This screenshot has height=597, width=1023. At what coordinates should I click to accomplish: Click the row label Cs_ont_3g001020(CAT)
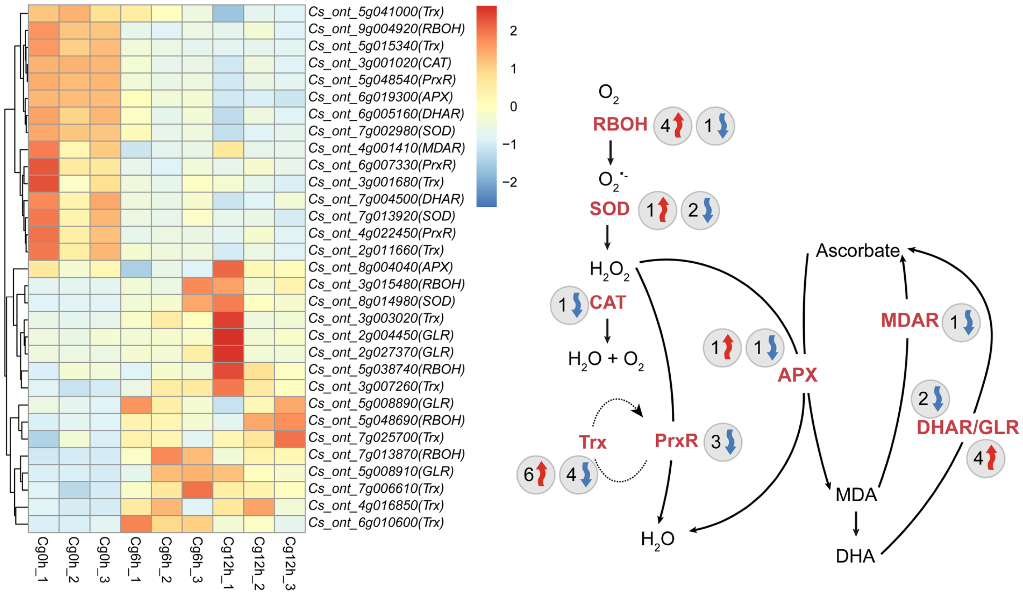pyautogui.click(x=380, y=63)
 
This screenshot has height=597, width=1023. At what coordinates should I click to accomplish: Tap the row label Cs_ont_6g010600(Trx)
pyautogui.click(x=376, y=522)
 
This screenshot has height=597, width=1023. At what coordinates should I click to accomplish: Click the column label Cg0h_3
pyautogui.click(x=105, y=560)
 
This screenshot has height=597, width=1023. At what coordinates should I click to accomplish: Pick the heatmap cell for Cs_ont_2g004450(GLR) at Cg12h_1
pyautogui.click(x=228, y=335)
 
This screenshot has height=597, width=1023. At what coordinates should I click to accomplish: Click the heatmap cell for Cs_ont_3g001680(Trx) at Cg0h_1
pyautogui.click(x=43, y=182)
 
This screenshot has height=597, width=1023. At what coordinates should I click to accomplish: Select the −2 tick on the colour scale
pyautogui.click(x=510, y=182)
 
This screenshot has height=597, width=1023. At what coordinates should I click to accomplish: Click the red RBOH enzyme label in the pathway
pyautogui.click(x=620, y=125)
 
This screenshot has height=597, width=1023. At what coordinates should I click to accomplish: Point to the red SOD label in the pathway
pyautogui.click(x=609, y=209)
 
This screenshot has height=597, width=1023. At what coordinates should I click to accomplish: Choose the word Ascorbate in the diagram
pyautogui.click(x=858, y=250)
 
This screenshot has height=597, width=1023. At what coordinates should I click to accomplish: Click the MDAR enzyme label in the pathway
pyautogui.click(x=910, y=321)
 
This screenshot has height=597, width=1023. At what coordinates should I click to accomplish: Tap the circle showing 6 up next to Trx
pyautogui.click(x=536, y=474)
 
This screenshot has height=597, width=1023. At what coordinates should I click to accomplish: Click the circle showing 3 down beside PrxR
pyautogui.click(x=723, y=441)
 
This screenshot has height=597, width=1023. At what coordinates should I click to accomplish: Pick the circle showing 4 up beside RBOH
pyautogui.click(x=672, y=126)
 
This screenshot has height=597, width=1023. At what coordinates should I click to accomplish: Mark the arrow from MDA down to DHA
pyautogui.click(x=856, y=524)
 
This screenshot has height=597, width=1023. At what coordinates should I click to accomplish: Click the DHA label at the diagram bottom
pyautogui.click(x=855, y=556)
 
